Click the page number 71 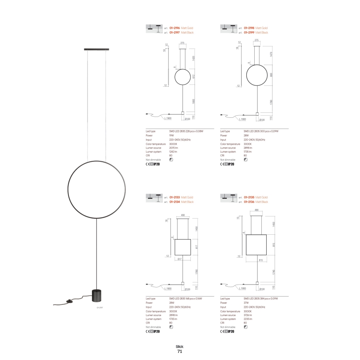click(x=180, y=351)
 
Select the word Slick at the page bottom click(x=180, y=346)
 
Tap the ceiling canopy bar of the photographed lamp click(x=97, y=49)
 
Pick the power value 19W click(x=171, y=135)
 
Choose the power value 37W click(x=246, y=303)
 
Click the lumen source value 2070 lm click(x=174, y=148)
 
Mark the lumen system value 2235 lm click(x=248, y=319)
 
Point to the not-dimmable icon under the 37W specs click(x=246, y=327)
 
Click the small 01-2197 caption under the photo click(x=100, y=308)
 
